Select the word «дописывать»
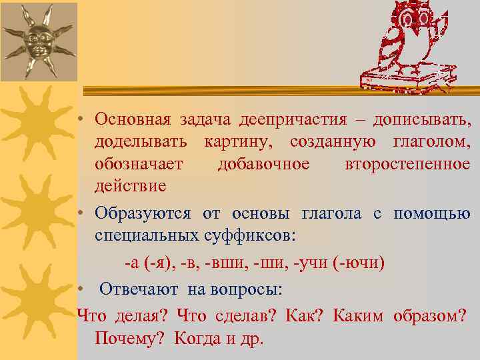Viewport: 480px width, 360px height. tap(421, 119)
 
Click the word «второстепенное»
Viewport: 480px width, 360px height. tap(407, 164)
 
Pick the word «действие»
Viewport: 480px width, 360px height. tap(131, 185)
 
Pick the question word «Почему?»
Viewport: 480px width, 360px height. tap(131, 338)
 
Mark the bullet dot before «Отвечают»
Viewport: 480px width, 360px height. tap(79, 290)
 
